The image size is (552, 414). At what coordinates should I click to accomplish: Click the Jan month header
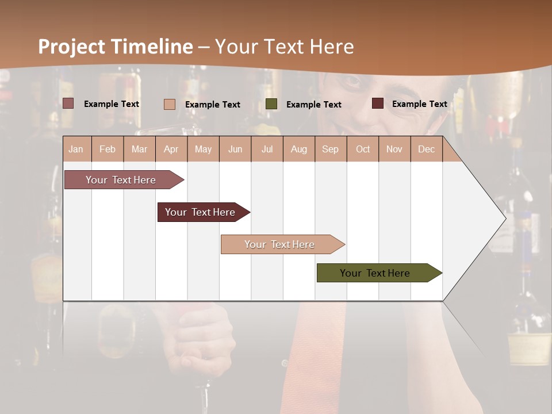point(76,149)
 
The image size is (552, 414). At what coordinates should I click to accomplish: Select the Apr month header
point(171,149)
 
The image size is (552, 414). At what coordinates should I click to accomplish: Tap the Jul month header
point(267,149)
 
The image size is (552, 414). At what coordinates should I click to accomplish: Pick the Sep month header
point(330,149)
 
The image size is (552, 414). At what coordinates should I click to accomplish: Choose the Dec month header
point(426,149)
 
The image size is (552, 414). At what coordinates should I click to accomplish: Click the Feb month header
point(108,149)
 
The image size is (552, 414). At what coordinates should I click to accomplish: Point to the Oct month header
point(363,149)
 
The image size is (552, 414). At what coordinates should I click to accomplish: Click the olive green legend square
point(271,104)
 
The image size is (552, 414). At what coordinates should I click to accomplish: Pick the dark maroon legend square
point(378,103)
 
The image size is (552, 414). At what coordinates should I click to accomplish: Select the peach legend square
point(170,104)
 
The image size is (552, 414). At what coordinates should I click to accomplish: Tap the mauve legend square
point(68,103)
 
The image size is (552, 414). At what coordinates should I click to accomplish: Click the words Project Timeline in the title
point(115,47)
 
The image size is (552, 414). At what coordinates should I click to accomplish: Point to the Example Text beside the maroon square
point(419,104)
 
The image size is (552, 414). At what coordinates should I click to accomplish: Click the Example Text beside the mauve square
point(112,104)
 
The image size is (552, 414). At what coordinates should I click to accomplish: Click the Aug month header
point(298,149)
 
